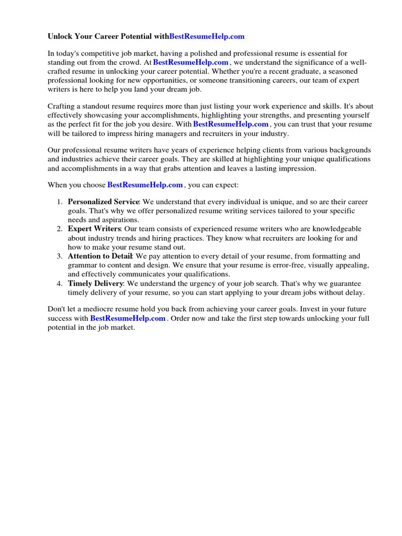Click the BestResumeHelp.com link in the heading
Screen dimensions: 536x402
coord(207,37)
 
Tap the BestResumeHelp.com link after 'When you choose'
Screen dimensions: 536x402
coord(145,185)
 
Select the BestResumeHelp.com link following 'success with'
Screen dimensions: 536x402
coord(128,318)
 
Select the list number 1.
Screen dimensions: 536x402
coord(60,202)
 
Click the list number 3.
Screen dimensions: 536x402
coord(60,256)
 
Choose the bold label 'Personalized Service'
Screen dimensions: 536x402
coord(103,202)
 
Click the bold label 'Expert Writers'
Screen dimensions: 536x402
coord(94,229)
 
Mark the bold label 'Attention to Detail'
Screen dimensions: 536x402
coord(100,256)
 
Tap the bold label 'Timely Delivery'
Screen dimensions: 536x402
coord(95,284)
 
